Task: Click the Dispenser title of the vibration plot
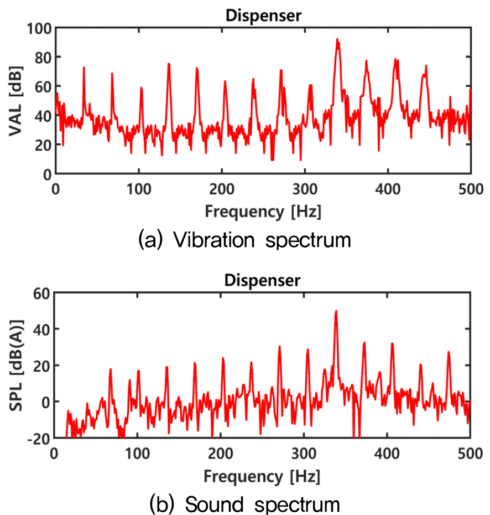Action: (263, 16)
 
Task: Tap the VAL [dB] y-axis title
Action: (15, 100)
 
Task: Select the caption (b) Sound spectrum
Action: (244, 504)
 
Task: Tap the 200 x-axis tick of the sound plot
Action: (221, 452)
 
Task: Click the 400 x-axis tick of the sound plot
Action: (387, 452)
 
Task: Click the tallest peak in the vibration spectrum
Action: (337, 40)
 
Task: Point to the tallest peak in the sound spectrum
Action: (336, 311)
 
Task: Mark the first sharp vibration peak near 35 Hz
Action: (84, 68)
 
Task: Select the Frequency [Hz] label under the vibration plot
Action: (263, 211)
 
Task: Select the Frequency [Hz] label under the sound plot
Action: (262, 476)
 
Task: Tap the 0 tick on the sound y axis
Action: (43, 401)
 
